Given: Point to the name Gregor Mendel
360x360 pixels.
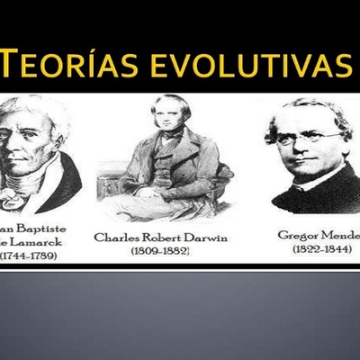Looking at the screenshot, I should (319, 234).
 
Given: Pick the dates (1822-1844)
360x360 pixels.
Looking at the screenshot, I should (322, 248).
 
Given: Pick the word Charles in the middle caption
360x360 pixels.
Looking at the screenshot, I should (114, 238).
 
